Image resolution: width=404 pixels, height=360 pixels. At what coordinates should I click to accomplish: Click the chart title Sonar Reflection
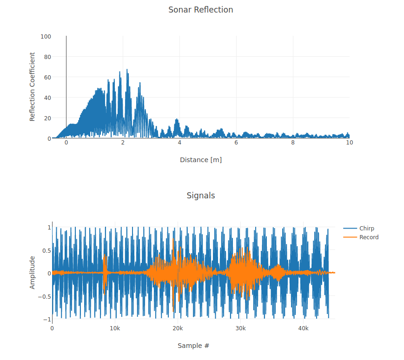[200, 10]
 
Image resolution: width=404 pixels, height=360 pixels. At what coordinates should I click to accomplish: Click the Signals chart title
[200, 196]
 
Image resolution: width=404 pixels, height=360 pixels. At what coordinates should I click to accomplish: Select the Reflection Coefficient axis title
[33, 87]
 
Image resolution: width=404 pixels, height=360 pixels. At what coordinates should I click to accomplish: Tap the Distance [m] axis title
[200, 160]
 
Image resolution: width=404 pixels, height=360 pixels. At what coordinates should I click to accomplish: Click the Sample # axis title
[193, 346]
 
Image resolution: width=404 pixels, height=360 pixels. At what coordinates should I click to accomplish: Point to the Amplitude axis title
[33, 272]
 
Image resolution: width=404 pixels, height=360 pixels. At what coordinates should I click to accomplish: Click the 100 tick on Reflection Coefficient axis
[46, 36]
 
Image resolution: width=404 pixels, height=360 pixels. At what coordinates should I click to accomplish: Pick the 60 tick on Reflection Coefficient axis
[47, 77]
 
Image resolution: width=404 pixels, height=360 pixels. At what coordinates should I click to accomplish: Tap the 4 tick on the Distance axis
[179, 143]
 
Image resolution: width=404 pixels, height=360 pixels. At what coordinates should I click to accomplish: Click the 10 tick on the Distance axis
[349, 143]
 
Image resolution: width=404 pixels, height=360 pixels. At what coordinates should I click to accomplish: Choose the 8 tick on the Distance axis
[293, 143]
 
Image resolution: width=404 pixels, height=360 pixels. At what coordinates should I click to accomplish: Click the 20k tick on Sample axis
[178, 328]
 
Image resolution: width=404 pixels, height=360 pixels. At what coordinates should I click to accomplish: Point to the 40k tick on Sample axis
[303, 328]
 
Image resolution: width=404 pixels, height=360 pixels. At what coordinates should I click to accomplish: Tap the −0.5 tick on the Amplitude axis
[44, 296]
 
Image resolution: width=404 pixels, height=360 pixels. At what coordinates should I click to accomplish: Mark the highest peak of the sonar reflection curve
[127, 70]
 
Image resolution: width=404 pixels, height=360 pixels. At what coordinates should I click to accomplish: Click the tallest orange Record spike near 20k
[173, 240]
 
